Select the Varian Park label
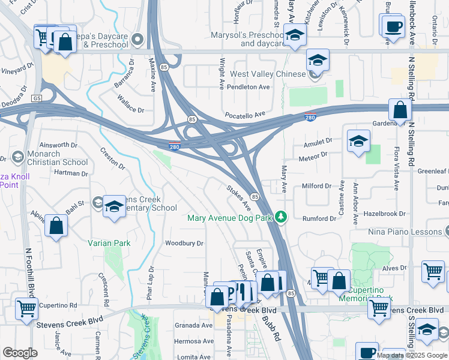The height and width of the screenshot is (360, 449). tap(109, 243)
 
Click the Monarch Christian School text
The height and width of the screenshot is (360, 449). tap(58, 158)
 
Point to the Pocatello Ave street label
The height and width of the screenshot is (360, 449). tap(244, 114)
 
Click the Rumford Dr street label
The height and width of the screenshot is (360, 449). tap(319, 219)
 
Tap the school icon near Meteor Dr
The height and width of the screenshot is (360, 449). tap(358, 142)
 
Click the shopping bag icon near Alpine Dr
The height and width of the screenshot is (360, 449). tap(56, 226)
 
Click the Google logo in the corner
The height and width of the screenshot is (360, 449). tap(20, 353)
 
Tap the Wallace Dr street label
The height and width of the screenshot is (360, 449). tap(131, 110)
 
